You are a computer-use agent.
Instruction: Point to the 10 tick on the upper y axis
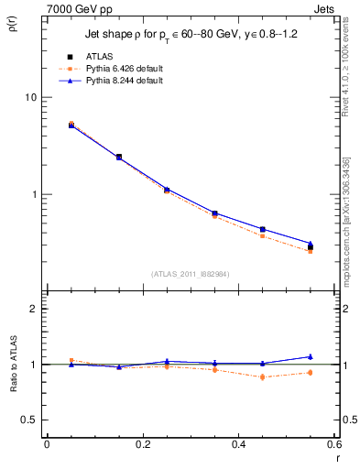[31, 97]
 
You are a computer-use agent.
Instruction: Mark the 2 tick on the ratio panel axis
[33, 309]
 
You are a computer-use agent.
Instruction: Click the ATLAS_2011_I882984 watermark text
[190, 273]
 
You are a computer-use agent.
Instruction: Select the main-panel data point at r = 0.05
[71, 125]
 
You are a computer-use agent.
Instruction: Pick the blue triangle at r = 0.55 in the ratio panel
[311, 356]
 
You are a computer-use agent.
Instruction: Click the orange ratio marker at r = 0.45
[263, 377]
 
